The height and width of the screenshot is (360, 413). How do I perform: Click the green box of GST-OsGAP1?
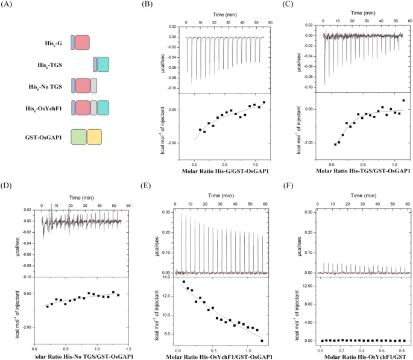(78, 137)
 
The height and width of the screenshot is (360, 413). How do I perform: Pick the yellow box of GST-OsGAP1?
(94, 137)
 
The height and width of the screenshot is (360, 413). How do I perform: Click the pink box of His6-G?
(82, 42)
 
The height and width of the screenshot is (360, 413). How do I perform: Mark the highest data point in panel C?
(403, 100)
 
